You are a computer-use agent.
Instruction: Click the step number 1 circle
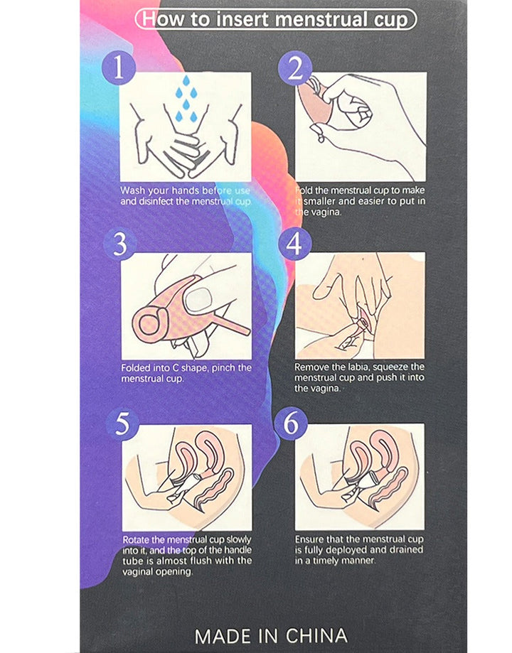tap(119, 68)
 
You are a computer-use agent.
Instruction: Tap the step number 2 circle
tap(295, 68)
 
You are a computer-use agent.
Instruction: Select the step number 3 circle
tap(120, 244)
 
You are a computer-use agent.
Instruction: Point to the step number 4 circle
tap(294, 244)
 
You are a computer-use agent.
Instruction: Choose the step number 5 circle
tap(122, 424)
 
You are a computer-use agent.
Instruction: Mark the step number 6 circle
tap(291, 423)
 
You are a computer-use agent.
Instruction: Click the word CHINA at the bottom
tap(316, 636)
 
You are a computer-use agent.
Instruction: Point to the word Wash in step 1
tap(132, 190)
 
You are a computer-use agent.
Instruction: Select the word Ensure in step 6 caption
tap(309, 539)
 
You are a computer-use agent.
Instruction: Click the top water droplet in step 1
tap(186, 81)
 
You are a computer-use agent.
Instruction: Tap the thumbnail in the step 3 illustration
tap(199, 300)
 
